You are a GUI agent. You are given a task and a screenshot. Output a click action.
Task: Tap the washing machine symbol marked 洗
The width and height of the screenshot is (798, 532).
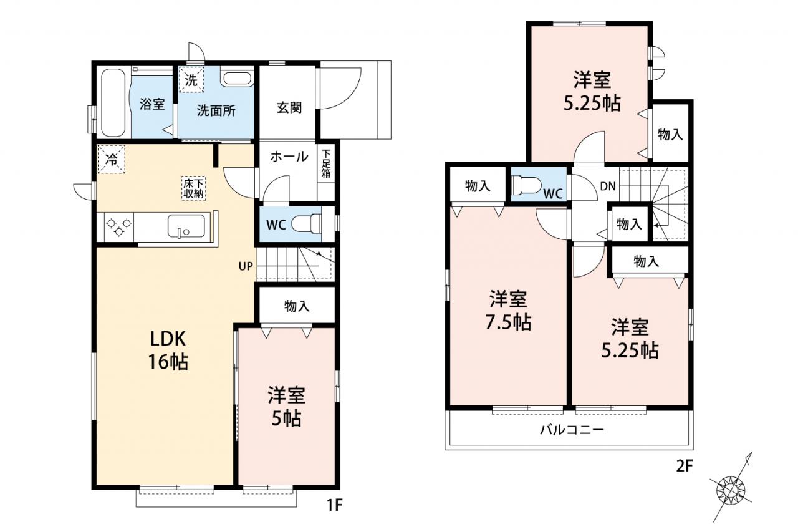191,80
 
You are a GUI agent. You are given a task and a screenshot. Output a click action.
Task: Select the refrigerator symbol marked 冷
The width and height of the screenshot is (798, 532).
112,159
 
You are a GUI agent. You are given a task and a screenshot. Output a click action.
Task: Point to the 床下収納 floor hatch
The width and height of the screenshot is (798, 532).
193,188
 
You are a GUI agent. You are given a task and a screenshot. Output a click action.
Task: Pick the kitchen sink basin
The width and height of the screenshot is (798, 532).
186,226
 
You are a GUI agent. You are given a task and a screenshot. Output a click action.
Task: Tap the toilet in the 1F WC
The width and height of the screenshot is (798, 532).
306,225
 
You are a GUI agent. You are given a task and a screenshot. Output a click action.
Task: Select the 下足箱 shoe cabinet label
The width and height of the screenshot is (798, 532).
326,163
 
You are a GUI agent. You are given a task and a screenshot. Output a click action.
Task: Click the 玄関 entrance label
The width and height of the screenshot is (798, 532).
289,108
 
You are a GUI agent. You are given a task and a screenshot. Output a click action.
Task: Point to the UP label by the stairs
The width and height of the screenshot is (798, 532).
246,266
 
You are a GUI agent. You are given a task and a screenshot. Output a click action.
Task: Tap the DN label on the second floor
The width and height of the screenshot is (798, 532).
608,186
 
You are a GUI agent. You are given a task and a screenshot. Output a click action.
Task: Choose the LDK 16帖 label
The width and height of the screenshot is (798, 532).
168,351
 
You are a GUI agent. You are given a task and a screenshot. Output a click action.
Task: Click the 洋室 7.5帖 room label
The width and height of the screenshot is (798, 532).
508,311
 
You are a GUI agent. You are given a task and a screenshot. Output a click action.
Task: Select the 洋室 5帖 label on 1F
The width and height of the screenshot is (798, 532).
286,407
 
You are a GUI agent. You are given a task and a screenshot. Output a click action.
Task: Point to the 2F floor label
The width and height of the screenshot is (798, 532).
685,466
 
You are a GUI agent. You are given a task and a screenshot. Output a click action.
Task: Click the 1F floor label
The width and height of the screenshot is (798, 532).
334,505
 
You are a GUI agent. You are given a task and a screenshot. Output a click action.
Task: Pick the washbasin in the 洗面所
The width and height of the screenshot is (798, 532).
236,79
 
